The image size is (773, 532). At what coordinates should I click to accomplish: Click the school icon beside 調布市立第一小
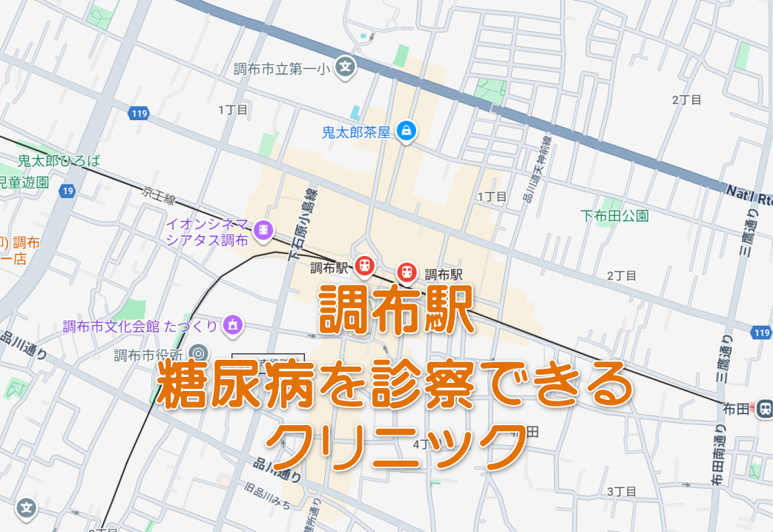pyautogui.click(x=345, y=68)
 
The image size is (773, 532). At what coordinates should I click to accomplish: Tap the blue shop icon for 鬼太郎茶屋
pyautogui.click(x=406, y=131)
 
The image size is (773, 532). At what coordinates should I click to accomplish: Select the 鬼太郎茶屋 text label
pyautogui.click(x=355, y=132)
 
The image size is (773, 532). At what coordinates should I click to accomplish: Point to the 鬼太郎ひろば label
pyautogui.click(x=59, y=160)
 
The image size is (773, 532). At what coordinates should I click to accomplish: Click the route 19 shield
pyautogui.click(x=68, y=191)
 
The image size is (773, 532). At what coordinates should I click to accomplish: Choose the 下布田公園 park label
pyautogui.click(x=614, y=216)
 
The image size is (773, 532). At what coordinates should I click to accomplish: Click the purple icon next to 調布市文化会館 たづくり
pyautogui.click(x=232, y=324)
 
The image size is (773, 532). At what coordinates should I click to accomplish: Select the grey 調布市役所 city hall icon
pyautogui.click(x=197, y=352)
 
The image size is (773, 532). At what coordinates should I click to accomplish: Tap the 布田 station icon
pyautogui.click(x=765, y=407)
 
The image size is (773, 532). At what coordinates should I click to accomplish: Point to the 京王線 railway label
pyautogui.click(x=158, y=196)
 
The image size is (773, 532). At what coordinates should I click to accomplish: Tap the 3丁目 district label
pyautogui.click(x=622, y=491)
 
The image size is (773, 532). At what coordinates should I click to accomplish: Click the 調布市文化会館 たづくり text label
pyautogui.click(x=140, y=326)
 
